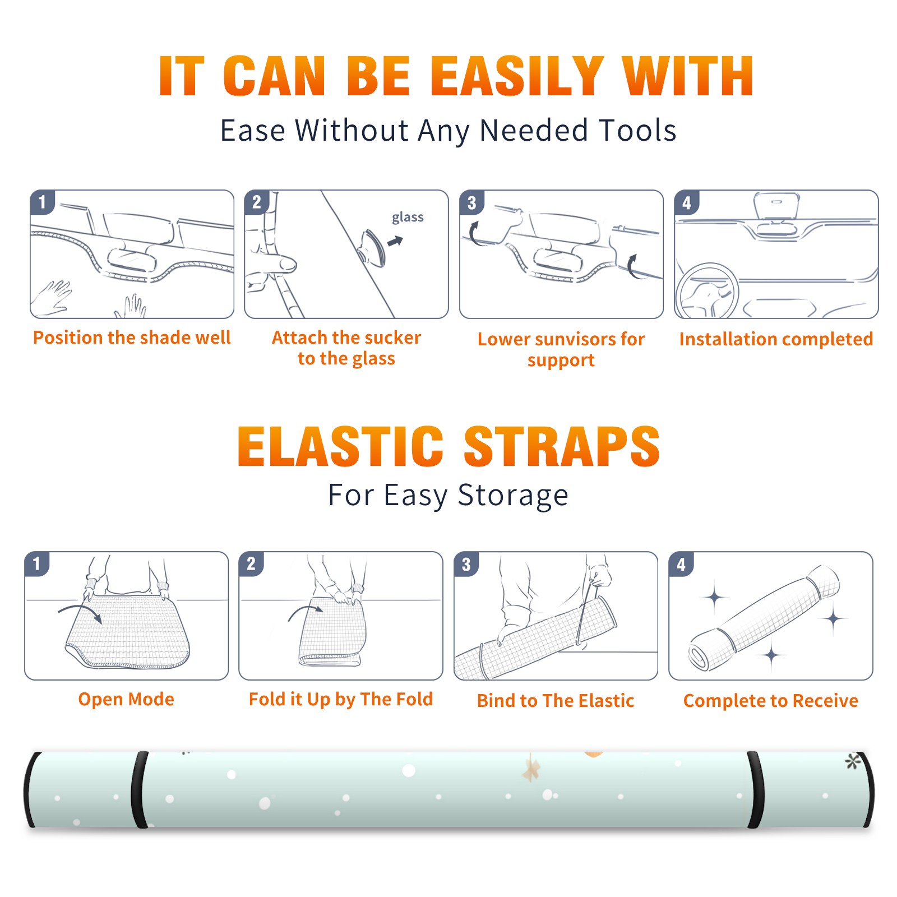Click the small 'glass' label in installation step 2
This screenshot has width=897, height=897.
pos(408,218)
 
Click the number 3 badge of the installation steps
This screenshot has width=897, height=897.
pos(471,202)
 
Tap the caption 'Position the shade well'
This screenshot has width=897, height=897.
pos(132,337)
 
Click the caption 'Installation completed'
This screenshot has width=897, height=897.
pos(776,339)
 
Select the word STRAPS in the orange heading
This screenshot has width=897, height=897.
pos(562,446)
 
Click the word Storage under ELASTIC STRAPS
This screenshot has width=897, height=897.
pos(513,496)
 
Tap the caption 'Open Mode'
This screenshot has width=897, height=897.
pos(126,699)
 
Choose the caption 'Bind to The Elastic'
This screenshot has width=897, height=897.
pos(556,701)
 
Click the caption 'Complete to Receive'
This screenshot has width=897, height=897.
pos(771,701)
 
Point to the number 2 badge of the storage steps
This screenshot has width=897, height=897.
pos(251,563)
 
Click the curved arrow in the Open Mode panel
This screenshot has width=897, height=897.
pos(80,612)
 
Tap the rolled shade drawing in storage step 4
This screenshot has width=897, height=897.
pos(764,618)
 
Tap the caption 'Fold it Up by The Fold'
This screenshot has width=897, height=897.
pos(341,699)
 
